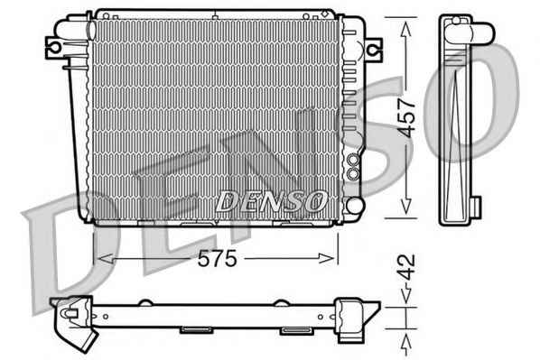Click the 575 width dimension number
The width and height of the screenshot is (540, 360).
[x=218, y=258]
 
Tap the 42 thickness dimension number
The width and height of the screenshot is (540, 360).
[x=406, y=267]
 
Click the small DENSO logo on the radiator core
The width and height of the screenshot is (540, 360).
[x=271, y=201]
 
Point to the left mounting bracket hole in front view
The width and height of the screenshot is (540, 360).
[x=55, y=47]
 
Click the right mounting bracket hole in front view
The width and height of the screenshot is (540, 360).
[x=372, y=50]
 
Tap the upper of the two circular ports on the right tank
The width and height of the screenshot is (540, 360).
[x=353, y=160]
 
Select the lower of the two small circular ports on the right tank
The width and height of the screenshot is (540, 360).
[x=353, y=173]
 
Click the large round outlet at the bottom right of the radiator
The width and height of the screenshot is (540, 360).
[x=355, y=206]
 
